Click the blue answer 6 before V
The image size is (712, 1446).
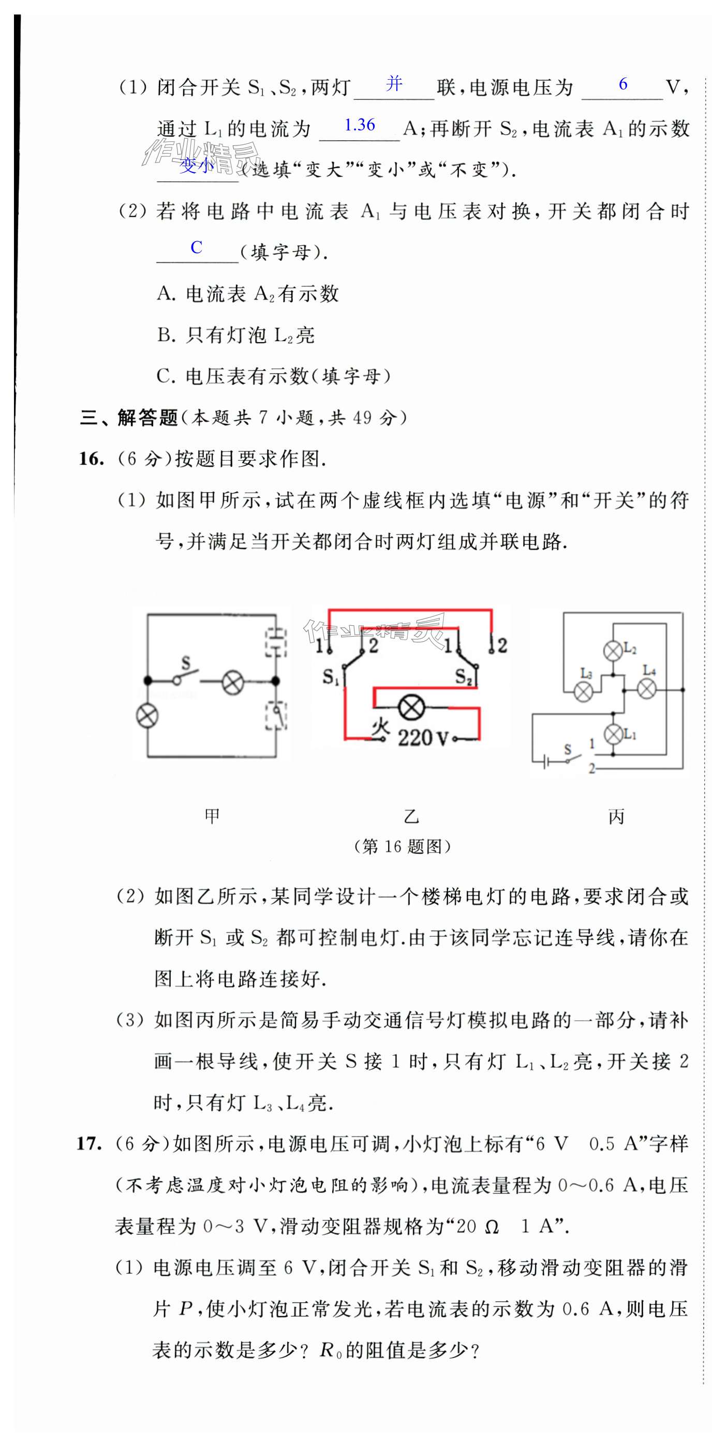click(623, 84)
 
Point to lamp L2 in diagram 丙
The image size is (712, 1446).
click(613, 651)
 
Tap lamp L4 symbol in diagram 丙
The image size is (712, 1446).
click(646, 689)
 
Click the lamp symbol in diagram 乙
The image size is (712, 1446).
click(411, 709)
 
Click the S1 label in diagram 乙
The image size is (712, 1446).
click(331, 677)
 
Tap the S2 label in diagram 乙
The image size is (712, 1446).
click(464, 677)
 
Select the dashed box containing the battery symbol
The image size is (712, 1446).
click(275, 642)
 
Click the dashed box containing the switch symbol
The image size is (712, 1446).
click(275, 715)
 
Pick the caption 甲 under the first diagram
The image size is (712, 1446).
click(212, 816)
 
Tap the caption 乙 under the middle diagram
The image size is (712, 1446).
click(411, 816)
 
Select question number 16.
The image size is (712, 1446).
click(91, 459)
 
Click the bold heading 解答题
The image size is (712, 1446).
click(147, 418)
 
